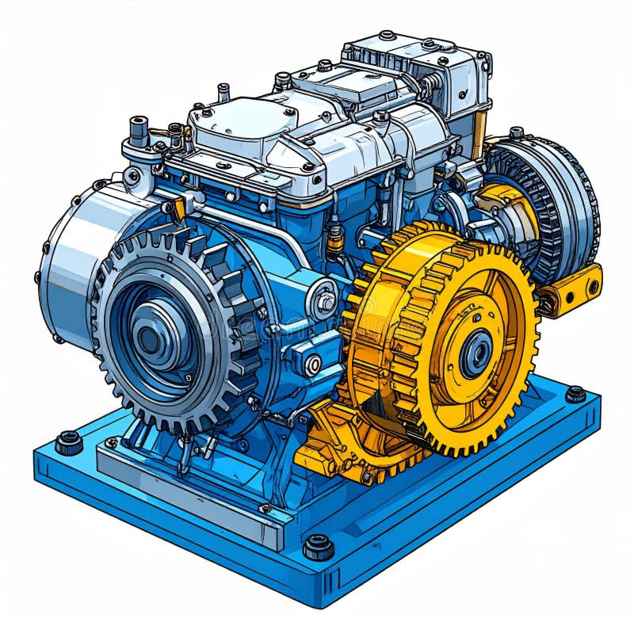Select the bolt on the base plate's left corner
(x=69, y=441)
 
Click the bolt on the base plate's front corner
(x=319, y=545)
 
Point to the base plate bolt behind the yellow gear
(x=575, y=394)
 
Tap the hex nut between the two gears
(x=324, y=301)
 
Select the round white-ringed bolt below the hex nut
(x=313, y=365)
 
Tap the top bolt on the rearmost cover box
(x=387, y=36)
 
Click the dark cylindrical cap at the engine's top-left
(x=139, y=129)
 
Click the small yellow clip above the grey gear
(x=179, y=208)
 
